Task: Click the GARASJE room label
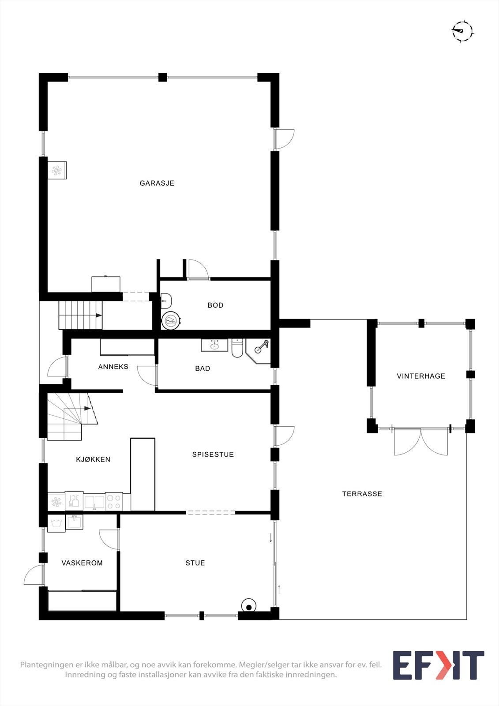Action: point(157,183)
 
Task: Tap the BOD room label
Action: point(215,305)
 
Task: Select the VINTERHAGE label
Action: point(421,376)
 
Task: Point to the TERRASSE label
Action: point(362,494)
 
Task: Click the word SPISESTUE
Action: point(213,454)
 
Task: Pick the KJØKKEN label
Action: point(93,460)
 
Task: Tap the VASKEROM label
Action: point(82,563)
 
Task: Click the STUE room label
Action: point(195,563)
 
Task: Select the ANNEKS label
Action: point(113,367)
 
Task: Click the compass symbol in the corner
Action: point(462,31)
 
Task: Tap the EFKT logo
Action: point(438,665)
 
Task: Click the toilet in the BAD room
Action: point(237,348)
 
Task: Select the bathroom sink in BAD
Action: point(214,345)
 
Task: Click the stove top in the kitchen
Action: point(114,502)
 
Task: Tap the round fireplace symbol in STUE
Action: point(249,607)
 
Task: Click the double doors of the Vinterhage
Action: point(420,441)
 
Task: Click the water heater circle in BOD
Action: point(171,321)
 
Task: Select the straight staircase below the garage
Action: point(80,315)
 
